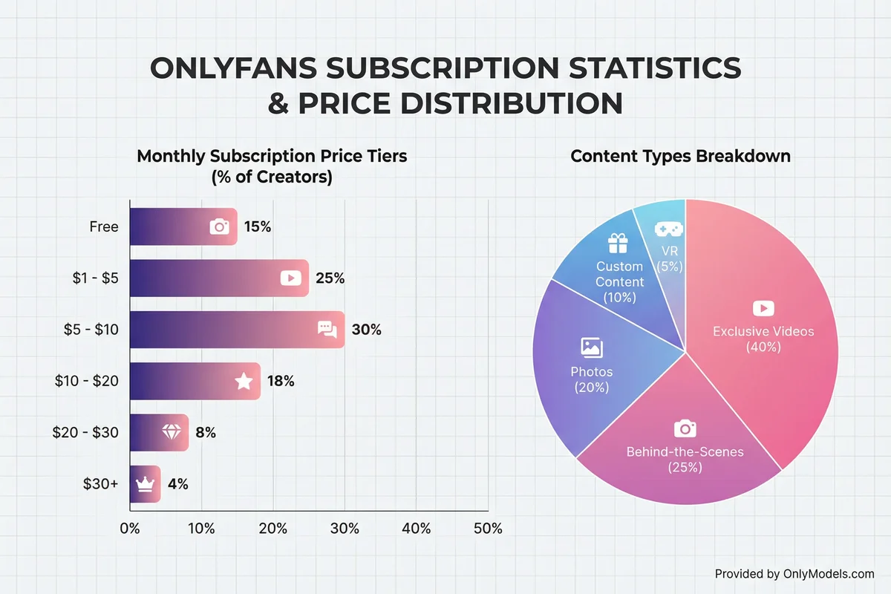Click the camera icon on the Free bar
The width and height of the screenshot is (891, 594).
(220, 226)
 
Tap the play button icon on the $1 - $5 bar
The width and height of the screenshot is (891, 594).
(290, 278)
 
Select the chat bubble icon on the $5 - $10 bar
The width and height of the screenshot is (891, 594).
(327, 329)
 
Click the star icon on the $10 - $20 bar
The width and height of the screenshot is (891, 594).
(244, 382)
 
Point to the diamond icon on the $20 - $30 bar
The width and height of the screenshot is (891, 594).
(170, 433)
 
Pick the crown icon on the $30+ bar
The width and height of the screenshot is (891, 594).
(144, 484)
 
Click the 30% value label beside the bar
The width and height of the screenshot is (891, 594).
(366, 330)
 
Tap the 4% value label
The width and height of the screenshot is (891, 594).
(177, 484)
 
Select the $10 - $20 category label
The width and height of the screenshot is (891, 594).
(86, 382)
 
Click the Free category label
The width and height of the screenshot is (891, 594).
(103, 227)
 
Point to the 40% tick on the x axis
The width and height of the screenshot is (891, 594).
(416, 529)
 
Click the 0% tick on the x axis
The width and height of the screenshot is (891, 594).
(130, 529)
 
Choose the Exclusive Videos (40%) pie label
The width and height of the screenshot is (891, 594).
(763, 338)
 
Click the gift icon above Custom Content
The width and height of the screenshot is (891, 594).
(617, 244)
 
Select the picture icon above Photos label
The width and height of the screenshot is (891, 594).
(591, 347)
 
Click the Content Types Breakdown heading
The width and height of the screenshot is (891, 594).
(680, 157)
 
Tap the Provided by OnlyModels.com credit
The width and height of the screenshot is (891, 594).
(794, 573)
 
